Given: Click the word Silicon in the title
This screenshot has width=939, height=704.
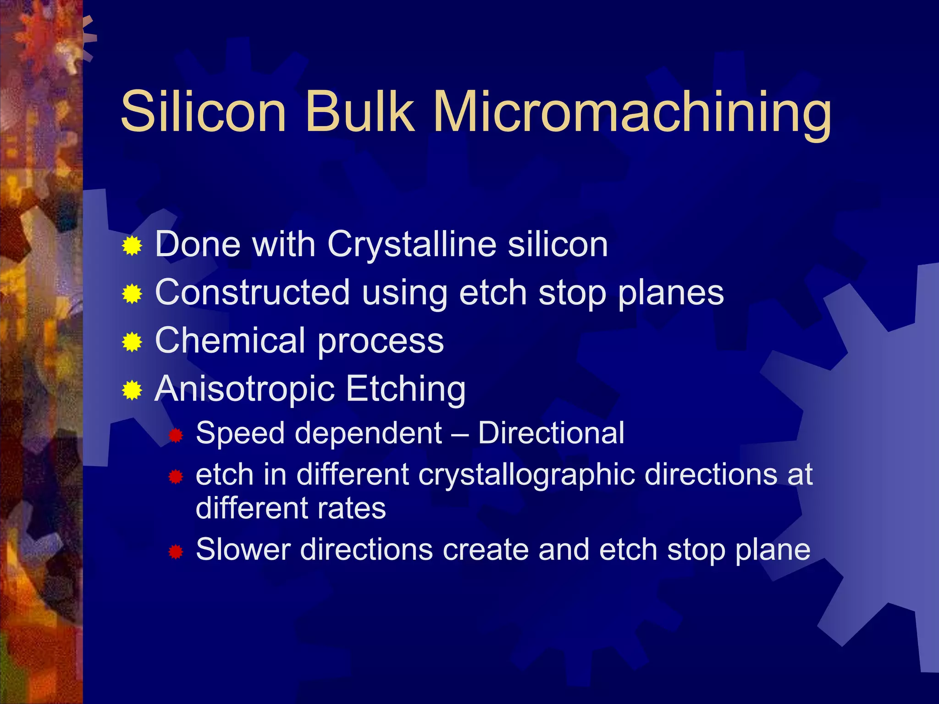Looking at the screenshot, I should point(204,111).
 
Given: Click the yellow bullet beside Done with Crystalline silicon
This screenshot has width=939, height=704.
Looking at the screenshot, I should point(132,246).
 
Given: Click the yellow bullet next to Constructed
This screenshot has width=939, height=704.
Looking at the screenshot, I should point(132,294).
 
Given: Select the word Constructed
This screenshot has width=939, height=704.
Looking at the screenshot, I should point(253,292).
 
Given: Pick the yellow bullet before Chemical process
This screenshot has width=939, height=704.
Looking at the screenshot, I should point(132,342).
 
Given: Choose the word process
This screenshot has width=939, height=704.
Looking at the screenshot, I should point(381,341).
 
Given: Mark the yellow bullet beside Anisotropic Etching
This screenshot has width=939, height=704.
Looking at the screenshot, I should point(132,390).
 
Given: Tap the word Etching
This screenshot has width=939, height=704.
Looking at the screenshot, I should point(405,389).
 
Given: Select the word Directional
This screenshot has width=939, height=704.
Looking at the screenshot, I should point(551,433).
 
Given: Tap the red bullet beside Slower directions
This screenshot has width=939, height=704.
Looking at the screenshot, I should point(176,552).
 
